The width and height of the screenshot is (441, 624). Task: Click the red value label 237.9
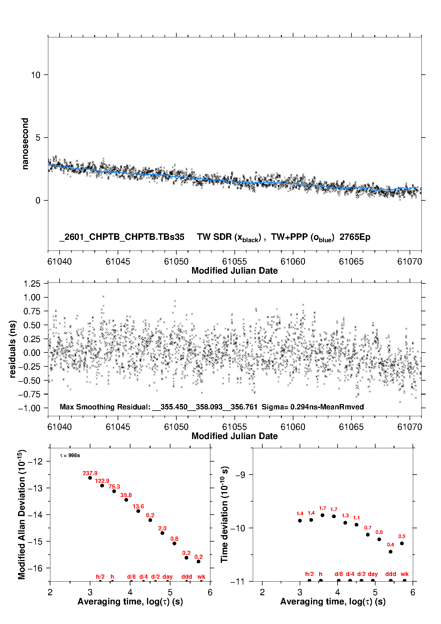click(x=90, y=473)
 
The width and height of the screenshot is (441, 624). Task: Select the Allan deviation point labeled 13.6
click(x=138, y=511)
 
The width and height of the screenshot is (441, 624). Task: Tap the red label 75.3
click(x=114, y=486)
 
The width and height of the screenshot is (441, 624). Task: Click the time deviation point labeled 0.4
click(x=391, y=552)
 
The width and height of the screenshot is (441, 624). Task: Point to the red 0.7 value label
click(x=368, y=528)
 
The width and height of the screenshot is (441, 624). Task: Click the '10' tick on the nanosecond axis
click(x=36, y=75)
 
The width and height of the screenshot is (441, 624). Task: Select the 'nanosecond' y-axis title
click(x=25, y=144)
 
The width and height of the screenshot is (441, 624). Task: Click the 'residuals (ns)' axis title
click(x=12, y=349)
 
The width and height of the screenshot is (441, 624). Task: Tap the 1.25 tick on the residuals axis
click(x=32, y=284)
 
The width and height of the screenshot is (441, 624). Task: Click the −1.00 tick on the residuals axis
click(x=29, y=408)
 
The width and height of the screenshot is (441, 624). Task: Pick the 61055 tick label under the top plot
click(x=234, y=261)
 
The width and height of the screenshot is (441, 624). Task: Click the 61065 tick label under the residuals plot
click(x=351, y=427)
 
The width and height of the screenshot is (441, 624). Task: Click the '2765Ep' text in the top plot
click(x=355, y=237)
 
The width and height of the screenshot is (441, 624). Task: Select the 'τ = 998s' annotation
click(x=70, y=455)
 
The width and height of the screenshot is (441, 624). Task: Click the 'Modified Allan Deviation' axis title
click(x=22, y=514)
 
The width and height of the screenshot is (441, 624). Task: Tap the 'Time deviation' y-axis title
click(x=224, y=514)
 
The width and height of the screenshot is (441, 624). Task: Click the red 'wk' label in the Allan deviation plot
click(x=201, y=577)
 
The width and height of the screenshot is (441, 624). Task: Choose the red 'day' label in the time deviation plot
click(x=373, y=574)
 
